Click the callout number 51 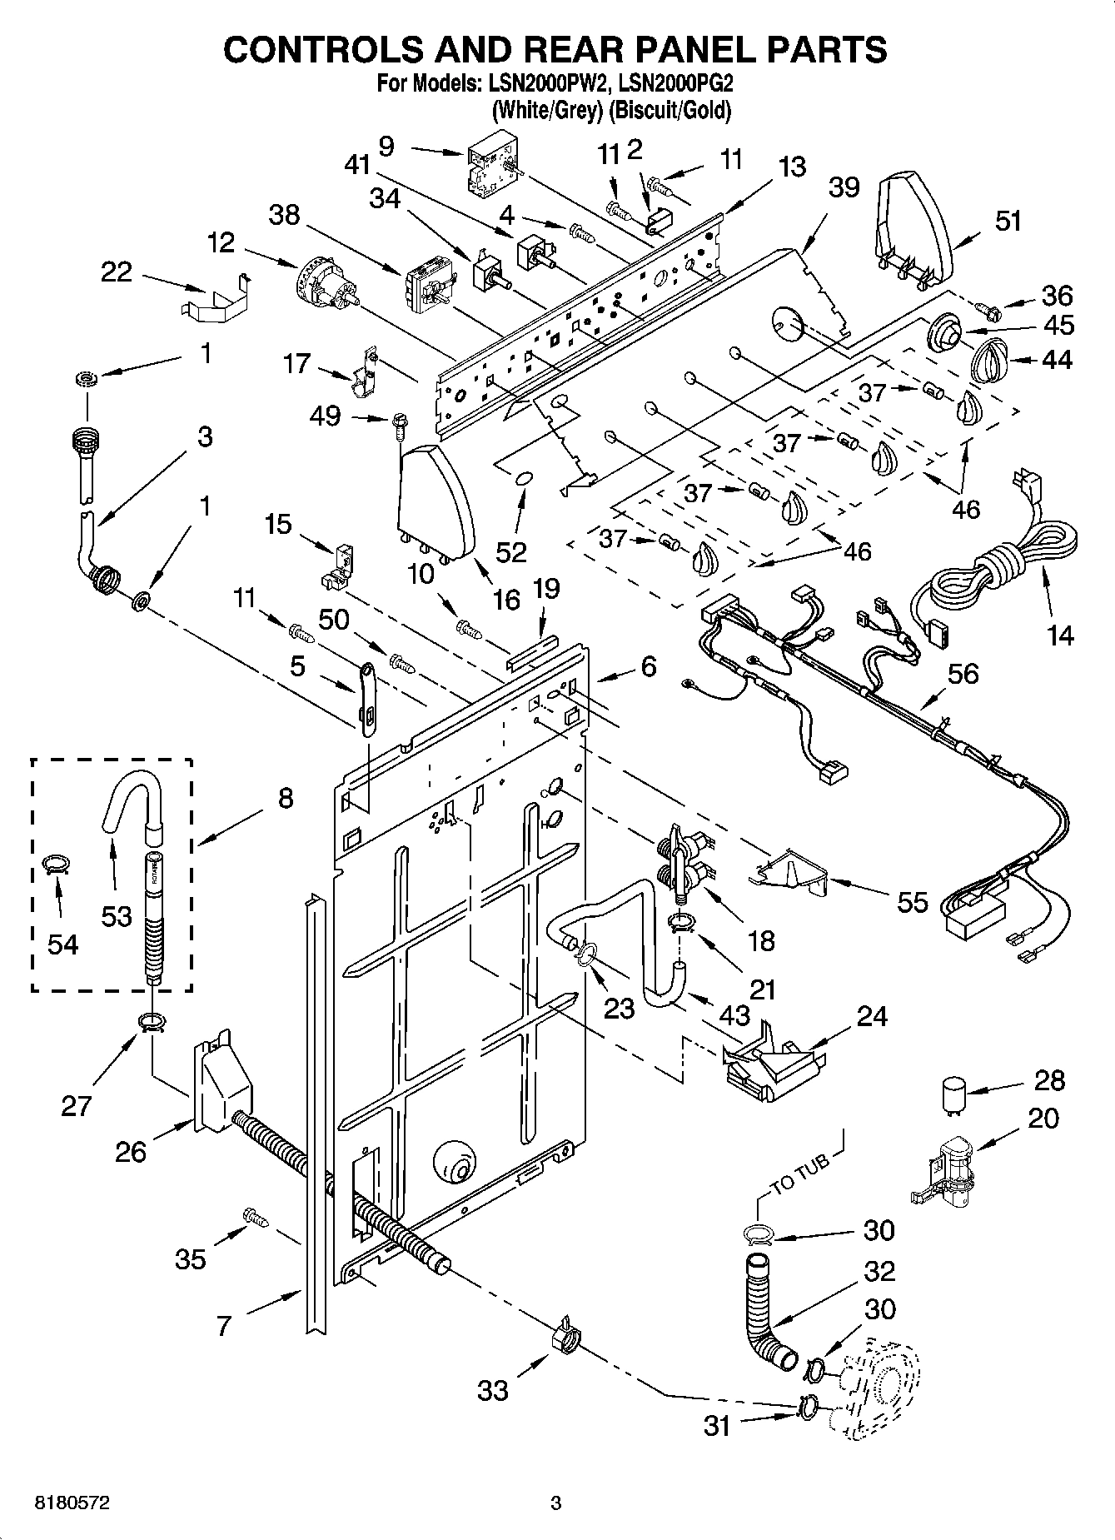pyautogui.click(x=1008, y=222)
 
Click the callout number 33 pyautogui.click(x=493, y=1389)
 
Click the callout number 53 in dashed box pyautogui.click(x=116, y=916)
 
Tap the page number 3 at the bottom pyautogui.click(x=556, y=1503)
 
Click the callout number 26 pyautogui.click(x=132, y=1152)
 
